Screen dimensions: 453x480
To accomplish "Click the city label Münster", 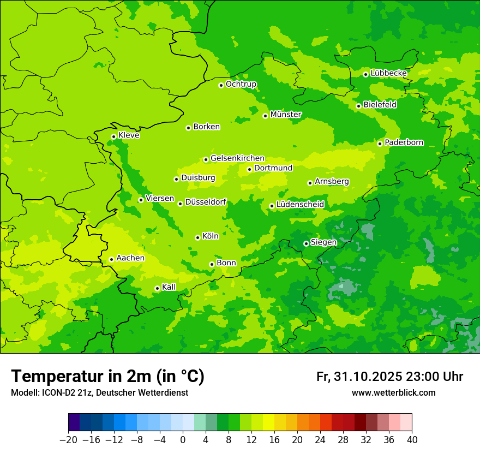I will [286, 115].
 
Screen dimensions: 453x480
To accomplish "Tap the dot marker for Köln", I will [197, 237].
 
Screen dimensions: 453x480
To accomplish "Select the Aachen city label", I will [130, 258].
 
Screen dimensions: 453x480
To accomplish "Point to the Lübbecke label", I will [388, 73].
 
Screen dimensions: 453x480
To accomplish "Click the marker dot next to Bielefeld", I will [358, 106].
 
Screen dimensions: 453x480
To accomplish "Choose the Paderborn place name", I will [404, 142].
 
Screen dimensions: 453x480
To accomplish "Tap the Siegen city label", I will [323, 242].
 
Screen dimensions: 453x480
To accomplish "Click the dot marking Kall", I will [157, 288].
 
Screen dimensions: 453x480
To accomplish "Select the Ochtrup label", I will [241, 84].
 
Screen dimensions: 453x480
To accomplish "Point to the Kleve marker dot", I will [113, 136].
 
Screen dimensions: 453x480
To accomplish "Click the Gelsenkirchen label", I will [237, 158].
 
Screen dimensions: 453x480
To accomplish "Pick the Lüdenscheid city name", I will [300, 205].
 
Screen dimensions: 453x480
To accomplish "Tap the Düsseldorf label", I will [206, 202].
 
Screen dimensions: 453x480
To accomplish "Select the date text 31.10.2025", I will [368, 377].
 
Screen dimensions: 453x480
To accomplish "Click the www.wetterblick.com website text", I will [393, 392].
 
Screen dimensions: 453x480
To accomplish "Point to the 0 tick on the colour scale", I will [183, 440].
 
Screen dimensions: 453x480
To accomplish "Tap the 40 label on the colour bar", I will [412, 440].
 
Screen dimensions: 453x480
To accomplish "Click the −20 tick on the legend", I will [68, 440].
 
